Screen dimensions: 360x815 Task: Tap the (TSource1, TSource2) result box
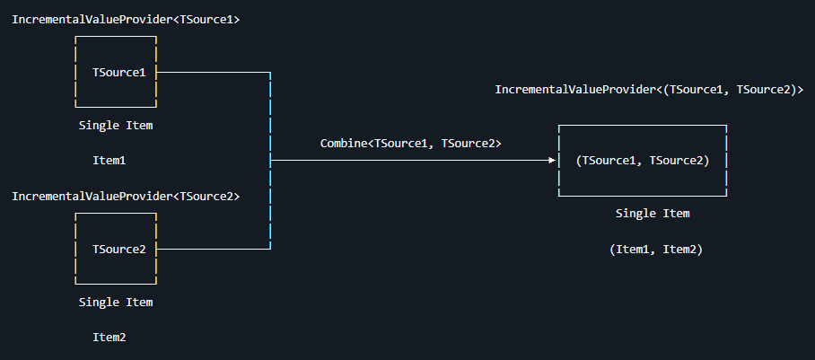tap(642, 161)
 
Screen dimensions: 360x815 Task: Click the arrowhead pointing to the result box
tap(552, 161)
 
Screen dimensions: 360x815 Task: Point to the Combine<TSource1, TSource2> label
tap(410, 144)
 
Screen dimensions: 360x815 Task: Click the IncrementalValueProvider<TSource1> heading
tap(126, 19)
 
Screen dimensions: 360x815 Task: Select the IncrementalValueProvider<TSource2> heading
tap(126, 196)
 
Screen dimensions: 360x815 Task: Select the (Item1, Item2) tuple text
tap(655, 250)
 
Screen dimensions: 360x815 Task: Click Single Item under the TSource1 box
tap(116, 126)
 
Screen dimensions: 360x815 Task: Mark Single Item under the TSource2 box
tap(116, 303)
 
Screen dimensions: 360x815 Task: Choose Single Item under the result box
tap(653, 214)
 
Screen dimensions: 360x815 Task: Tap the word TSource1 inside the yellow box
tap(119, 72)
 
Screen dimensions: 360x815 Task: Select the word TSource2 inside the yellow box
tap(119, 249)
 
